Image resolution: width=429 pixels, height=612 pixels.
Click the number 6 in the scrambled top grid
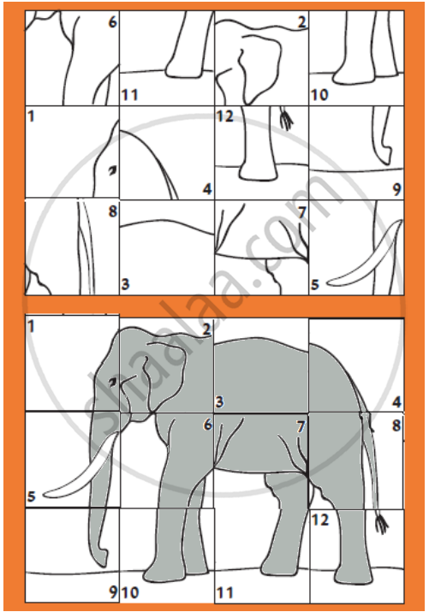point(112,22)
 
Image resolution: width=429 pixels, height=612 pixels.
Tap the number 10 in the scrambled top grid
point(319,94)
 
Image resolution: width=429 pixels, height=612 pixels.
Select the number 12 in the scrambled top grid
point(224,116)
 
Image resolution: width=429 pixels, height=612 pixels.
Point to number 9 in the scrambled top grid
point(396,189)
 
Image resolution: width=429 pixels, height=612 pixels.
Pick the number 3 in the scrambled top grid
point(125,284)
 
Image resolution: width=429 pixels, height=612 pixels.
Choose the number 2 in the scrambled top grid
point(301,22)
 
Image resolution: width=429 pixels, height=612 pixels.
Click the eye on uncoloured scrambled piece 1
point(112,170)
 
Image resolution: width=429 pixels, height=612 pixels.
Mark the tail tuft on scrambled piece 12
point(287,119)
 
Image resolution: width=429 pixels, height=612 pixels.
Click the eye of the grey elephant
point(113,382)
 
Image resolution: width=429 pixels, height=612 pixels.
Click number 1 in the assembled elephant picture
point(31,326)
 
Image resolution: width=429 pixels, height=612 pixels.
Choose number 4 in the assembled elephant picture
point(396,401)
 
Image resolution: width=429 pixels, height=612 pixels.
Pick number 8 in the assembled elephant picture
point(396,425)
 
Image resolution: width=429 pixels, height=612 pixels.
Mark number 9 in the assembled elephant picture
point(113,592)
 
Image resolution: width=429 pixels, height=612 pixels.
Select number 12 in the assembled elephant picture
point(320,520)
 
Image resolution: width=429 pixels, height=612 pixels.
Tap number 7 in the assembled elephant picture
point(300,427)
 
